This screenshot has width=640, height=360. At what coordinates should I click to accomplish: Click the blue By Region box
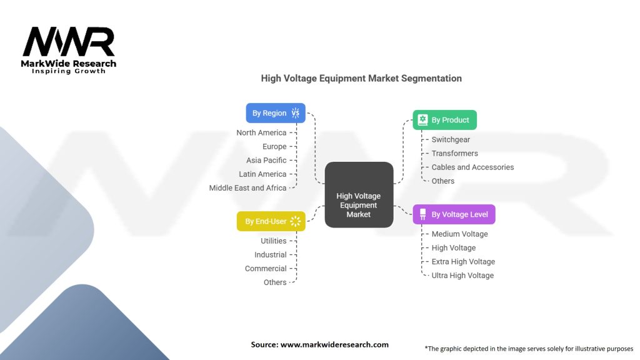(x=276, y=113)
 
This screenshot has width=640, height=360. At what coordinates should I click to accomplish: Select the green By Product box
(x=444, y=119)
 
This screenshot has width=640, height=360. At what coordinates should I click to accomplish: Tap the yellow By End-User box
(x=271, y=221)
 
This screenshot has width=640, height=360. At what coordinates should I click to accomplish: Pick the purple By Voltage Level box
(x=454, y=214)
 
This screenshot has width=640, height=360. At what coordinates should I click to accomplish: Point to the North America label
(x=261, y=132)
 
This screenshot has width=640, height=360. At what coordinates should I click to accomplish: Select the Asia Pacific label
(x=266, y=160)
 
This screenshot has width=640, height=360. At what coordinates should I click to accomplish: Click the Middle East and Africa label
(x=247, y=187)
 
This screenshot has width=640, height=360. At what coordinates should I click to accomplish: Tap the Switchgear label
(x=451, y=139)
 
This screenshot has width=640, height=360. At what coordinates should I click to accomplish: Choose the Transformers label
(x=454, y=153)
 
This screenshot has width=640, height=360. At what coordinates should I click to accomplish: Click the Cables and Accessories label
(x=472, y=167)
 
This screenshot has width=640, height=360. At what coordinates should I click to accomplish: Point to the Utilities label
(x=274, y=241)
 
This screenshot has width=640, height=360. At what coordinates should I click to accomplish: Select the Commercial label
(x=266, y=268)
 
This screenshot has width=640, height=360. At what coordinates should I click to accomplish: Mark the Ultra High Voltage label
(x=462, y=275)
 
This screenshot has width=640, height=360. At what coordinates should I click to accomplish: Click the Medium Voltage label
(x=459, y=234)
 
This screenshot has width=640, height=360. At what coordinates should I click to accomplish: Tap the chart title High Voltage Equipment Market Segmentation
(x=361, y=79)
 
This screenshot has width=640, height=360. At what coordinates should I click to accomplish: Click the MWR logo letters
(x=69, y=42)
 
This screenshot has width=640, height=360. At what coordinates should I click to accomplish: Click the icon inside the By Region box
(x=296, y=113)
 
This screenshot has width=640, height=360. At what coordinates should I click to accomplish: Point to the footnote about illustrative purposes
(x=529, y=348)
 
